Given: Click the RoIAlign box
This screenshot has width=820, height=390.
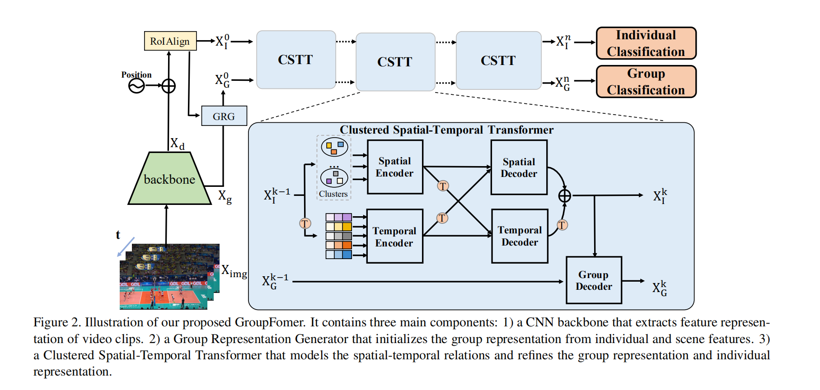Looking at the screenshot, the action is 170,41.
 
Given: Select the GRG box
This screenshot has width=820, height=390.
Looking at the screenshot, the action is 224,116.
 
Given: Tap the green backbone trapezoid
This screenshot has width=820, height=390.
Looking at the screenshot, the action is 169,178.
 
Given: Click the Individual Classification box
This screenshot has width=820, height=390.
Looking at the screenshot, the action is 646,43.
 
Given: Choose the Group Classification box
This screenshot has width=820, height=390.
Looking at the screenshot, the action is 646,82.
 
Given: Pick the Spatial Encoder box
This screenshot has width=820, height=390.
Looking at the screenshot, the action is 395,167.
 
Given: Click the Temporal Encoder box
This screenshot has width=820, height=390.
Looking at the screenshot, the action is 395,236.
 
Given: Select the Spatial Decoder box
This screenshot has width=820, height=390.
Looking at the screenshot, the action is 519,167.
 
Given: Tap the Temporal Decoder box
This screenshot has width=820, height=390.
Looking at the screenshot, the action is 520,236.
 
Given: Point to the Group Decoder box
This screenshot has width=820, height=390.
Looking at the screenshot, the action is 594,280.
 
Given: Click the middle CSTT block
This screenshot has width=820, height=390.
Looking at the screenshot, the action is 395,62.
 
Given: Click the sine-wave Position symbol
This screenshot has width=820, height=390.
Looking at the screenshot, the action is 136,86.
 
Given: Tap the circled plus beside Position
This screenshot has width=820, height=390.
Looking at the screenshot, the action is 169,86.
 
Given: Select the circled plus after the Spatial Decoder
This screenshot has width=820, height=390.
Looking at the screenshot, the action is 565,195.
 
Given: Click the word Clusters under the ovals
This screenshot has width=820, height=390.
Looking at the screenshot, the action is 333,194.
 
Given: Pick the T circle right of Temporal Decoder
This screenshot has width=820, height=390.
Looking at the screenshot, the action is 562,225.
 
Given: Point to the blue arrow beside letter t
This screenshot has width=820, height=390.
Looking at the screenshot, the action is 126,247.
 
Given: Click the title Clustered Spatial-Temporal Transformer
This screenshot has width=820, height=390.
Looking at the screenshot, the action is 447,130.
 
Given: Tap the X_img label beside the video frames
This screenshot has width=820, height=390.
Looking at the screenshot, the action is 234,272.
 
